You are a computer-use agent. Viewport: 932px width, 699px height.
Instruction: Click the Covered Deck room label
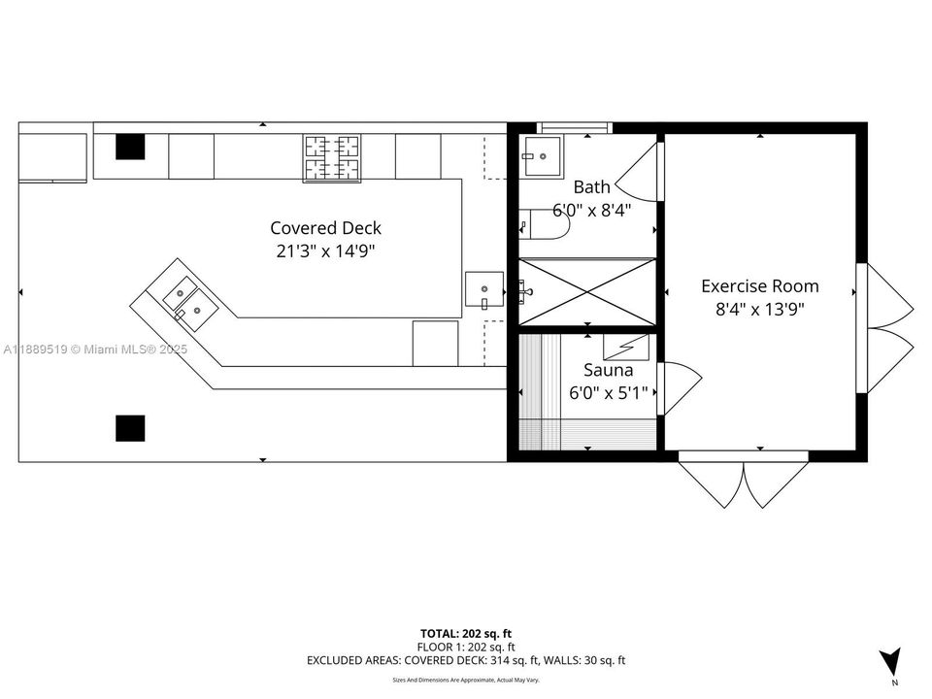[325, 228]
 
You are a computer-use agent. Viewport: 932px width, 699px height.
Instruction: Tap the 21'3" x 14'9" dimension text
[325, 250]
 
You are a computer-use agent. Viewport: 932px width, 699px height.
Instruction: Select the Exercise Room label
[759, 286]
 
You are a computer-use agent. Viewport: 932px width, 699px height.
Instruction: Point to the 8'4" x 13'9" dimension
[759, 309]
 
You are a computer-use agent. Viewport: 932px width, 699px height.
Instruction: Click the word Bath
[591, 187]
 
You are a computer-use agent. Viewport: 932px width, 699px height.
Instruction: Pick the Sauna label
[608, 370]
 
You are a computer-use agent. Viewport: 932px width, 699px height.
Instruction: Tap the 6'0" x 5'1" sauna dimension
[608, 393]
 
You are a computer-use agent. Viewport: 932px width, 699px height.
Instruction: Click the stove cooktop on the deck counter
[333, 158]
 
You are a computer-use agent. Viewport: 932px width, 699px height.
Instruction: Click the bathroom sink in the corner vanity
[542, 155]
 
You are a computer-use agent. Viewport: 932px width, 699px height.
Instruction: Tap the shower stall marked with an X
[586, 291]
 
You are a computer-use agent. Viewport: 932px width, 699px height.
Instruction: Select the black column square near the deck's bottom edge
[130, 428]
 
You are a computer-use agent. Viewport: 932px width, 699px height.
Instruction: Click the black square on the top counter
[130, 147]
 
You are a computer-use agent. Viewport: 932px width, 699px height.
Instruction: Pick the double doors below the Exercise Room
[743, 481]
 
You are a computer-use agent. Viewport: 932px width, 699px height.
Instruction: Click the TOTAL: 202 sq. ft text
[466, 631]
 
